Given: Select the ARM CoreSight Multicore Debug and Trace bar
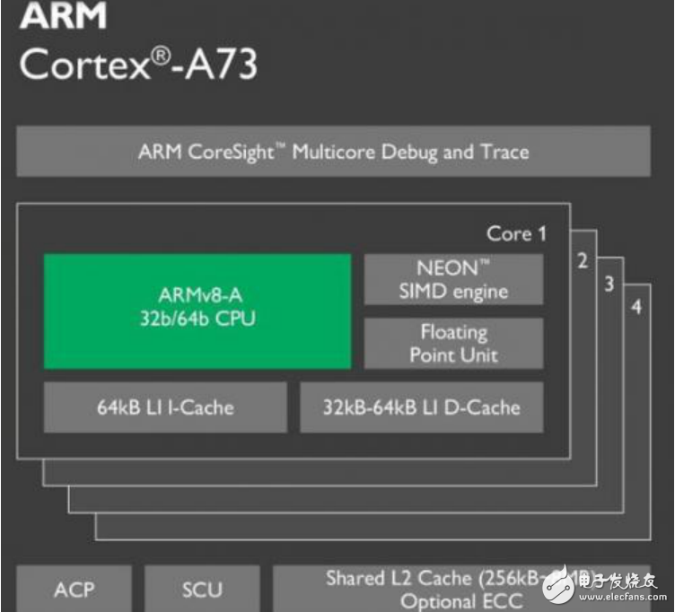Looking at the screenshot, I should (x=333, y=151).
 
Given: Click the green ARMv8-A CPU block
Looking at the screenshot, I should (x=197, y=310).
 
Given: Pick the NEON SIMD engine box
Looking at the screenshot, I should (x=452, y=279).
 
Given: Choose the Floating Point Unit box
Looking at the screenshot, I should (x=452, y=342).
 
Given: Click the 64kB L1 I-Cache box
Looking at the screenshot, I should (x=165, y=407).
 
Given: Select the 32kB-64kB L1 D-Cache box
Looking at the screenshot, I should (x=421, y=407).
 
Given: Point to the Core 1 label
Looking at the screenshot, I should (x=516, y=234).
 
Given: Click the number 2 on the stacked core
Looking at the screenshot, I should (x=583, y=261).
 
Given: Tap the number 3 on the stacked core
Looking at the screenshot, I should (x=609, y=284).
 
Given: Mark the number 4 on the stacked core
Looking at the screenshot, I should (x=636, y=308).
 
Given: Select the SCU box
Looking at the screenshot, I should (x=202, y=589).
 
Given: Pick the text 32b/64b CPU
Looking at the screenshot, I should (x=197, y=319).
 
